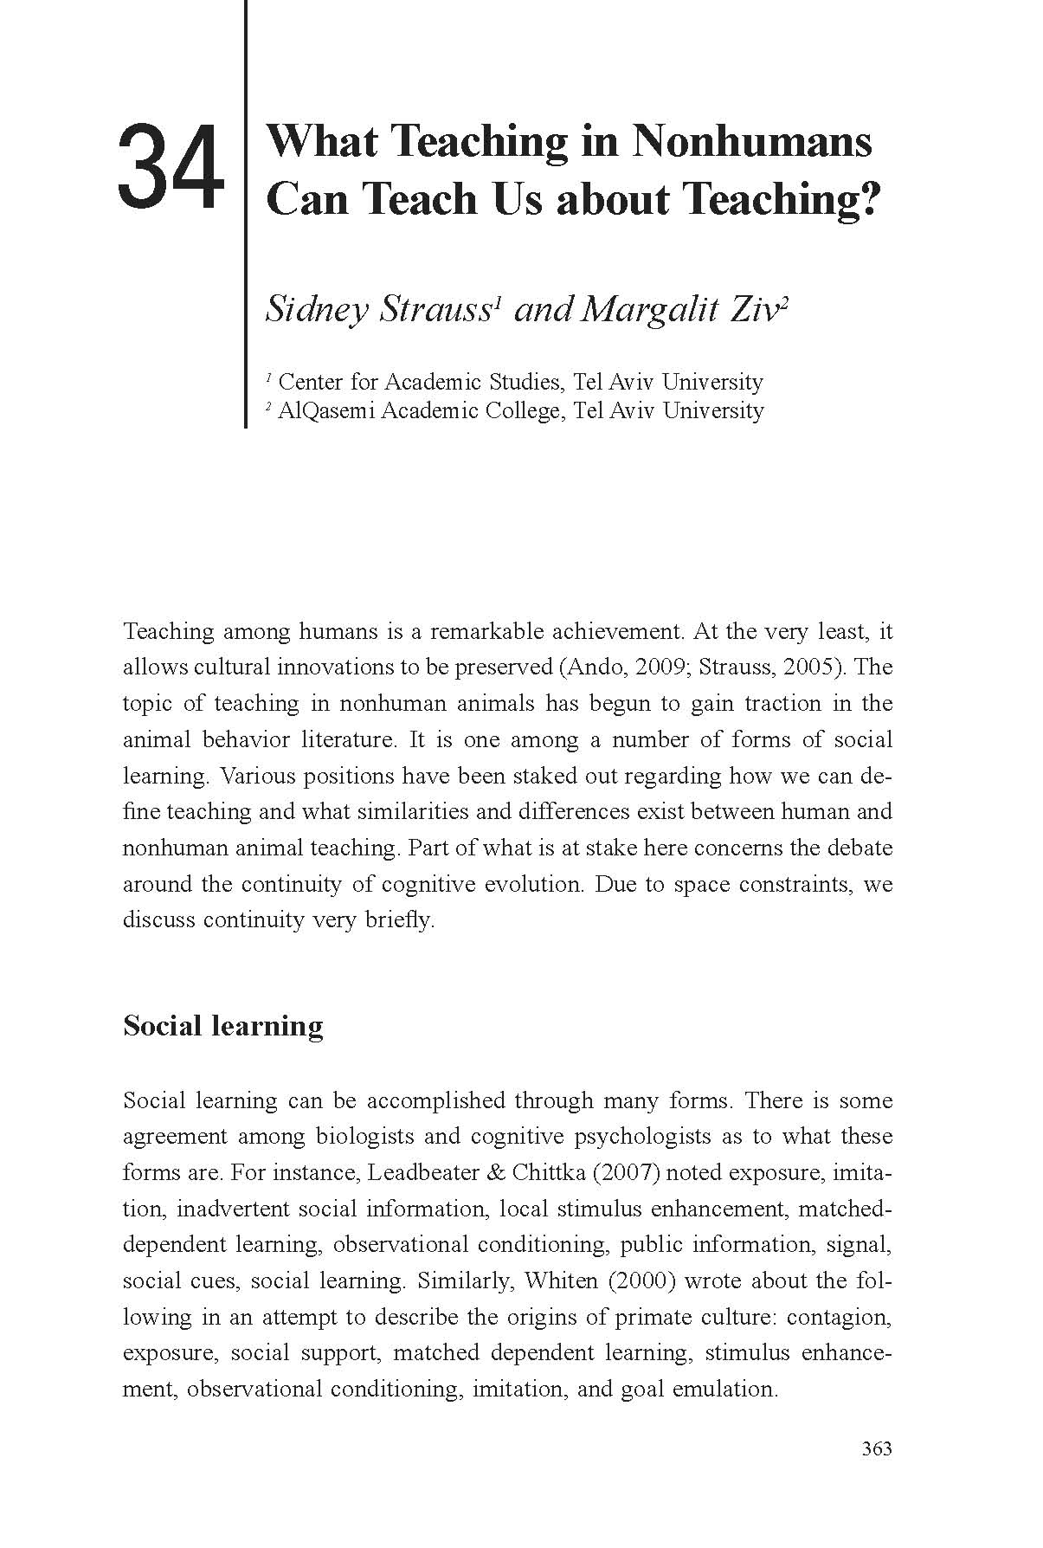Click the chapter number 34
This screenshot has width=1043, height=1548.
pos(170,167)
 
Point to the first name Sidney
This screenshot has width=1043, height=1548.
pos(317,309)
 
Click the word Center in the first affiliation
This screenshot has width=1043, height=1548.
pos(310,382)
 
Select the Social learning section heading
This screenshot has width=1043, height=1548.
pos(223,1025)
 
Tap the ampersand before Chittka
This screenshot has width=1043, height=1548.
pos(497,1173)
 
